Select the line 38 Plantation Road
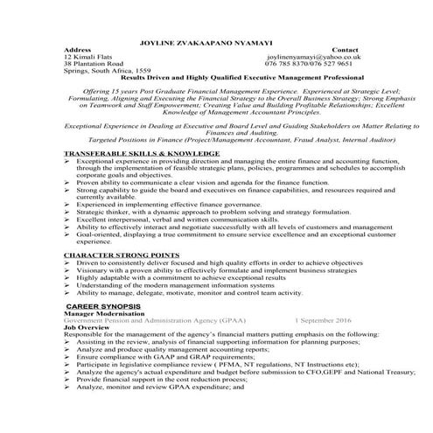click(99, 64)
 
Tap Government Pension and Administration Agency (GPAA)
click(146, 320)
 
